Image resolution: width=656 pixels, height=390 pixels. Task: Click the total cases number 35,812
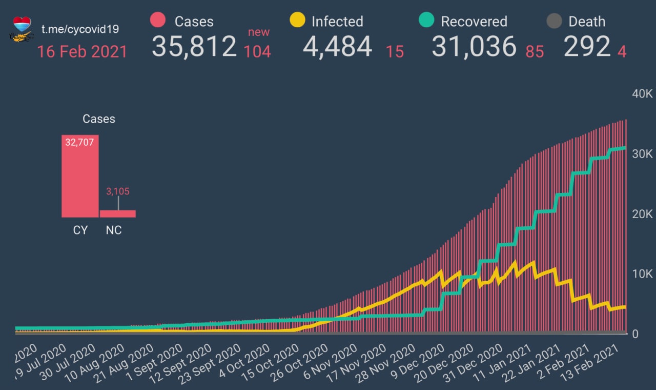[194, 47]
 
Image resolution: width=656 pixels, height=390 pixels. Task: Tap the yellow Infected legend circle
[298, 21]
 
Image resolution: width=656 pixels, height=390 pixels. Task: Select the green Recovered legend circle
[427, 21]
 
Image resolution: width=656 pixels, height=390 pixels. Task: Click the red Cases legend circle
[158, 21]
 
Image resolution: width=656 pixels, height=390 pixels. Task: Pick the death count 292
[587, 47]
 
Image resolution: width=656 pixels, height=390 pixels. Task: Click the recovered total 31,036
[474, 47]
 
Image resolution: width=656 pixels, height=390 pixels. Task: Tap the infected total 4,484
[337, 47]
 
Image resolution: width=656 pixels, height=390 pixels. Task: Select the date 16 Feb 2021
[82, 52]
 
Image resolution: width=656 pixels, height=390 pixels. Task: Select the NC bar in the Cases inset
[118, 213]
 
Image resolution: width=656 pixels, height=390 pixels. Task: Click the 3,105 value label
[118, 191]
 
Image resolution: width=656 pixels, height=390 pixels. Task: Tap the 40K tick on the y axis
[642, 94]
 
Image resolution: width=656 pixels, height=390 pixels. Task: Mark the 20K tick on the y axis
[642, 214]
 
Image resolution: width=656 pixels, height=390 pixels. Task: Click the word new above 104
[259, 32]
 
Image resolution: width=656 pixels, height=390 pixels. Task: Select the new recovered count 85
[535, 52]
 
